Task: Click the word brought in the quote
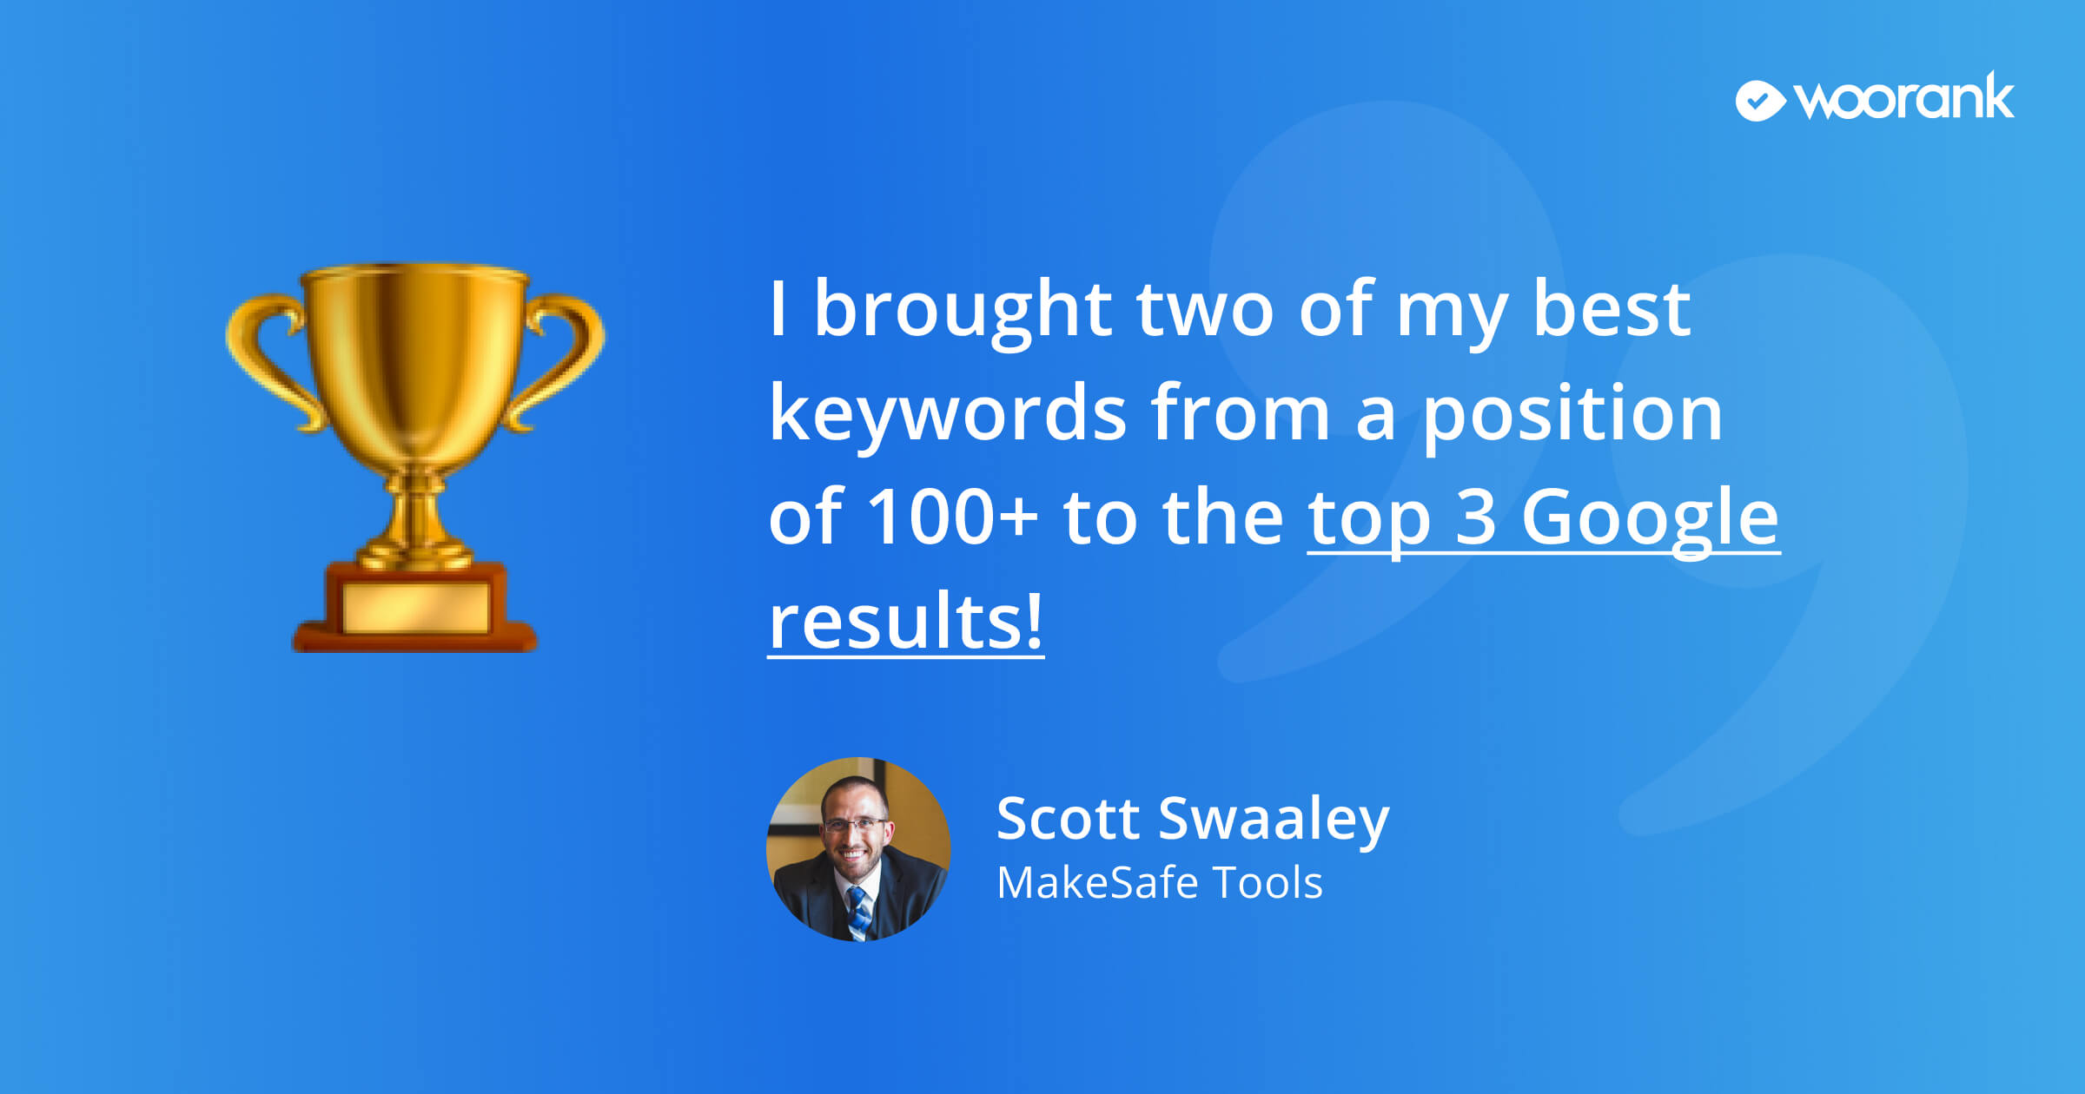coord(963,312)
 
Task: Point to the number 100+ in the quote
coord(953,517)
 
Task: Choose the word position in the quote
coord(1572,416)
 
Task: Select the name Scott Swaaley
coord(1193,819)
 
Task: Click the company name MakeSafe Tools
coord(1160,883)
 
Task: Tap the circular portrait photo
coord(858,849)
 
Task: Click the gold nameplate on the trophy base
coord(416,607)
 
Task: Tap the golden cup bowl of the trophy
coord(415,365)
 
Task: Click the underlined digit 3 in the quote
coord(1475,517)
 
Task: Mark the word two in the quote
coord(1205,312)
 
